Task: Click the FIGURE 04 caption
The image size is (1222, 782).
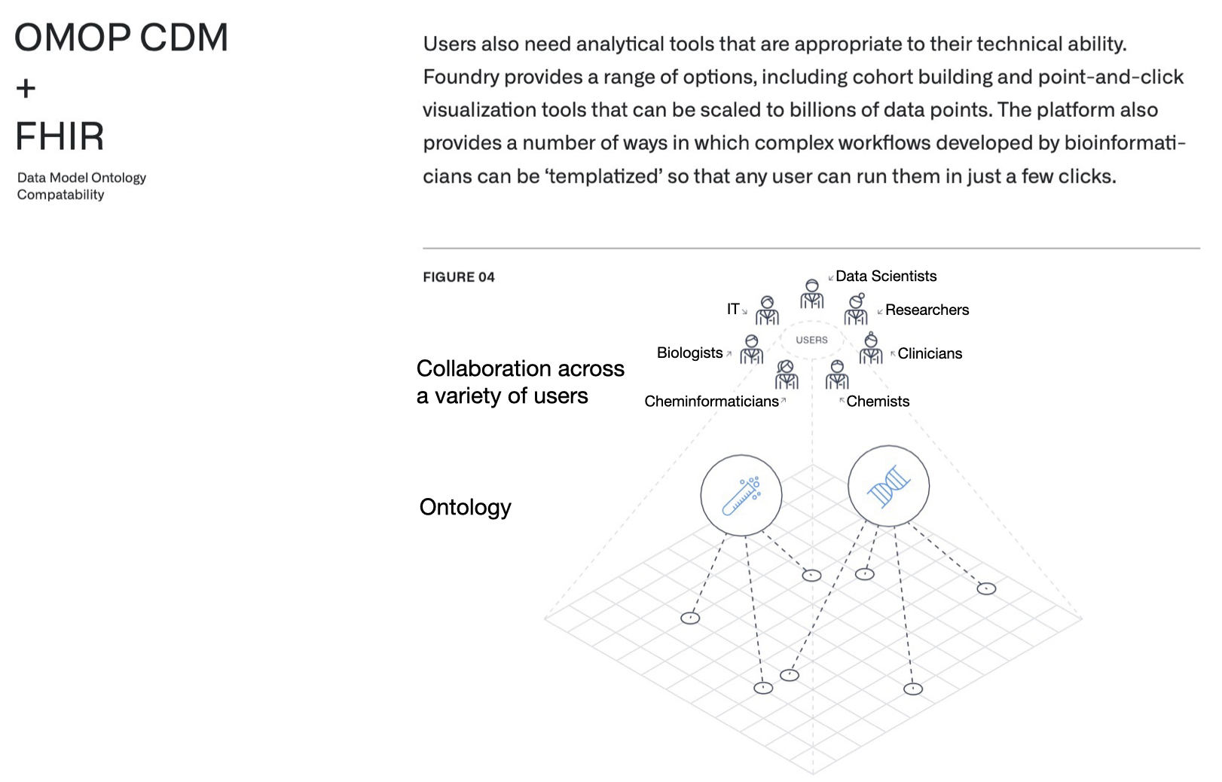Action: [x=458, y=277]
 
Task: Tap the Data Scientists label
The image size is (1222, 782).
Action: [x=886, y=276]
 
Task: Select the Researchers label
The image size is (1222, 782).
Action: [x=927, y=310]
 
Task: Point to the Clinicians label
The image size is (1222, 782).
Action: [x=930, y=353]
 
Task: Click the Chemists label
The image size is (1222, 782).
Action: [x=878, y=402]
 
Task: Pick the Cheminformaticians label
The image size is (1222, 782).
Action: [x=711, y=402]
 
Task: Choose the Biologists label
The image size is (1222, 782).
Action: [x=689, y=353]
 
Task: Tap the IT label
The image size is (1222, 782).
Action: [x=733, y=309]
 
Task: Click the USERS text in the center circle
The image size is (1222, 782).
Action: [x=811, y=340]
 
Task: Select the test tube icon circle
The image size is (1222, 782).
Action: [x=741, y=495]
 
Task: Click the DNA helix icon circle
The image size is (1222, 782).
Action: [x=888, y=486]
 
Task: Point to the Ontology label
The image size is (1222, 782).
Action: [x=465, y=507]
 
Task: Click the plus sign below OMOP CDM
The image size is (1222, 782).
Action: [x=26, y=89]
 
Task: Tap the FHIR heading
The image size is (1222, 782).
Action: [x=60, y=136]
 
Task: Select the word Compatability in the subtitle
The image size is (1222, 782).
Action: [x=60, y=194]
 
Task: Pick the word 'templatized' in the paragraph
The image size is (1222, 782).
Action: [x=603, y=176]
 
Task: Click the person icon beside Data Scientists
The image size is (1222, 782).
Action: [x=811, y=294]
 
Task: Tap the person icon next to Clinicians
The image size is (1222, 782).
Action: [x=871, y=348]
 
